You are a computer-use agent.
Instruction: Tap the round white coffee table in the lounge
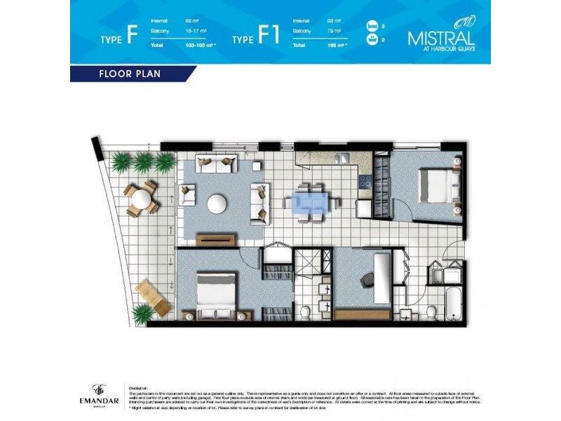[x=217, y=203]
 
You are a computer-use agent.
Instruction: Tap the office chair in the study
[x=367, y=280]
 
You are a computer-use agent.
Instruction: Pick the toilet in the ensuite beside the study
[x=304, y=311]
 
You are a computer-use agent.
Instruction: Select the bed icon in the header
[x=372, y=27]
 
